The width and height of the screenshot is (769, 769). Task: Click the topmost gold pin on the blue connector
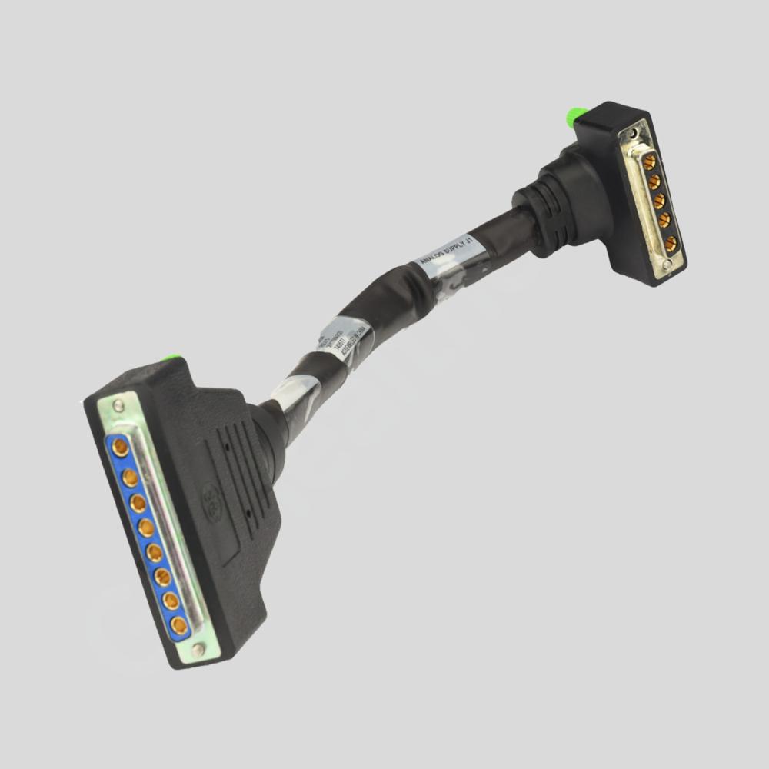(x=120, y=446)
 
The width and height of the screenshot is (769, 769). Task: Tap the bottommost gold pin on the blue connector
(x=179, y=624)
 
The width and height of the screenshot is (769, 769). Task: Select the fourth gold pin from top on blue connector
(x=146, y=528)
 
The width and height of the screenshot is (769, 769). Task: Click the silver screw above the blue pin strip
(x=118, y=404)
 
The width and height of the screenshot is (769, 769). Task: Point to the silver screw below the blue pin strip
(x=198, y=650)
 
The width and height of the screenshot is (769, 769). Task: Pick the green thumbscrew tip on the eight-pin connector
(x=173, y=358)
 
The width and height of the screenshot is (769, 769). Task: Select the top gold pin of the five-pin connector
(x=649, y=162)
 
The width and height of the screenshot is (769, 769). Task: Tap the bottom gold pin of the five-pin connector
(x=671, y=244)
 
